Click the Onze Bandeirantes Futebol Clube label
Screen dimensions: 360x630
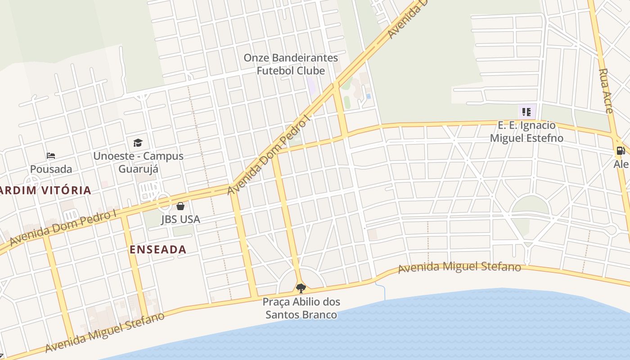click(x=291, y=64)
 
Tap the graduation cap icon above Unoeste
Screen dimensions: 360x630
click(x=138, y=143)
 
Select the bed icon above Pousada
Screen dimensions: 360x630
click(x=51, y=156)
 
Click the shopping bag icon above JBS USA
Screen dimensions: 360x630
click(x=180, y=206)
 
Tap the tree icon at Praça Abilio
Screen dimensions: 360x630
click(x=301, y=288)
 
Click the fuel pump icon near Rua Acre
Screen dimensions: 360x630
click(x=620, y=151)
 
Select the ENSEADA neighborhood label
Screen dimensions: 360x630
click(x=158, y=250)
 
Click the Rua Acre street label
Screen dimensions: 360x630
click(x=606, y=90)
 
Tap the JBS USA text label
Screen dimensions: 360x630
click(x=180, y=220)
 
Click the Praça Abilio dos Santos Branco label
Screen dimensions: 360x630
click(x=301, y=308)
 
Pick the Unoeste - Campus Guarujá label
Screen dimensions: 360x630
click(x=138, y=162)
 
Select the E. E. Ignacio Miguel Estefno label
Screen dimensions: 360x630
click(x=526, y=131)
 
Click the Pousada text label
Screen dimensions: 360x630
click(x=51, y=169)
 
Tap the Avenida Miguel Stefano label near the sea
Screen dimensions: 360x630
click(x=459, y=267)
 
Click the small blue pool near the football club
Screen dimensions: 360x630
click(x=369, y=96)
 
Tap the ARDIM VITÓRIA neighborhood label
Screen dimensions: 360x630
click(x=45, y=190)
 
